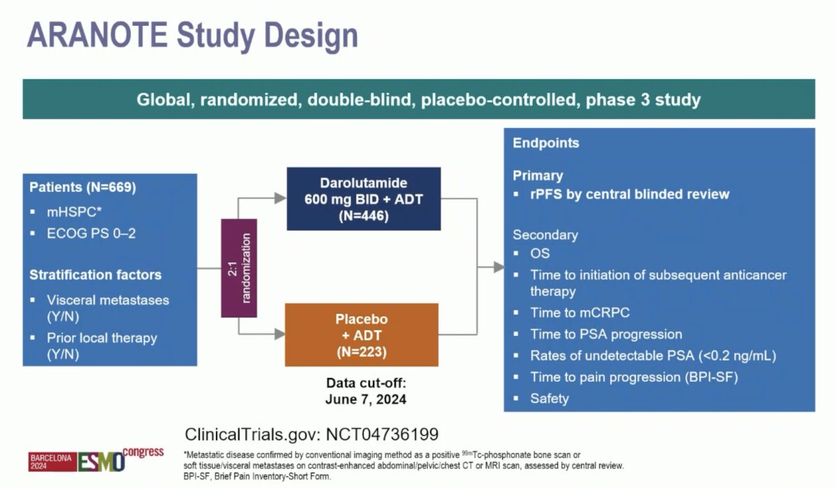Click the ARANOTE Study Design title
192,36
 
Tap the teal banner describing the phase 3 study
418,100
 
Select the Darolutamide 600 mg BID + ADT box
364,198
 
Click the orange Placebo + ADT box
361,335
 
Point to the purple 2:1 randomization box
239,268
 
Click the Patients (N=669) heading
82,188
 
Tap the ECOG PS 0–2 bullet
91,233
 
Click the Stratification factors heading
95,275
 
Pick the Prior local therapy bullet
102,338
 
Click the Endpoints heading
545,143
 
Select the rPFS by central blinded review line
629,194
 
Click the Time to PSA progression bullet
606,334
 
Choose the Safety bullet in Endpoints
549,398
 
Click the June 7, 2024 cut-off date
365,400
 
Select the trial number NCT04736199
378,434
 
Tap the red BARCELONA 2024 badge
51,461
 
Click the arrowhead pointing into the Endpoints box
498,267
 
